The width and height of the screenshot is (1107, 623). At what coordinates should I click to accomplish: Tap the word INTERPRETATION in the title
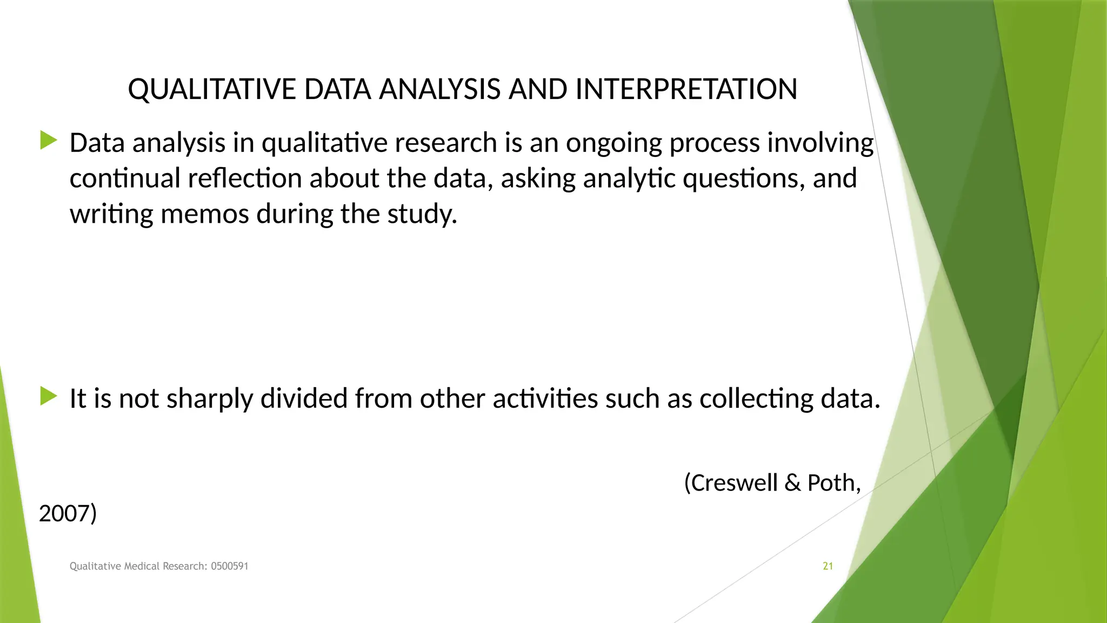tap(686, 90)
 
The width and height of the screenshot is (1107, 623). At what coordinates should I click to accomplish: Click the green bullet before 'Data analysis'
tap(49, 141)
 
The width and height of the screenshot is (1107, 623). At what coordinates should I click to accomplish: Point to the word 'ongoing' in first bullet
tap(613, 144)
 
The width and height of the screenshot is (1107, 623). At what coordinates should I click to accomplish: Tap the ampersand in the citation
tap(792, 482)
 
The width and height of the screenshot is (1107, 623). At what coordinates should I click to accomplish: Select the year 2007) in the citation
tap(68, 513)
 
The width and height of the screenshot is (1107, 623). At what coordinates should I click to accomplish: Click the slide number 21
tap(828, 566)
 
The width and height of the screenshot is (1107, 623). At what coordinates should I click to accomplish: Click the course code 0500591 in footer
tap(230, 566)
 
